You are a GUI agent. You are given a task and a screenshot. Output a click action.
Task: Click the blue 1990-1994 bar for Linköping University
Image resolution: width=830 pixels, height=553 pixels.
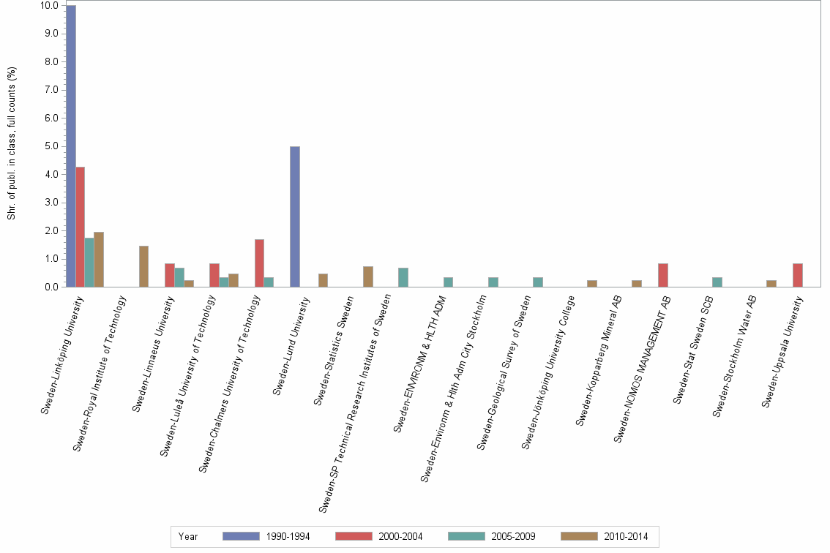pyautogui.click(x=71, y=146)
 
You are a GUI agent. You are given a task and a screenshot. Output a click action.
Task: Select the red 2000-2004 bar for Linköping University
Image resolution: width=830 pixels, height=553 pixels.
pyautogui.click(x=81, y=227)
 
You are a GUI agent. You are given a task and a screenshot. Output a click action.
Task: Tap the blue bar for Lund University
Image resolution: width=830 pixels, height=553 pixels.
pyautogui.click(x=295, y=217)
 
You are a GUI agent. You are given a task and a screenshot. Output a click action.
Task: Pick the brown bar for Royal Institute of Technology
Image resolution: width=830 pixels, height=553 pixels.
pyautogui.click(x=143, y=266)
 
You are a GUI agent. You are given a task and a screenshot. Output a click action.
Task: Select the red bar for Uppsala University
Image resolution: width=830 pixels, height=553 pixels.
pyautogui.click(x=797, y=275)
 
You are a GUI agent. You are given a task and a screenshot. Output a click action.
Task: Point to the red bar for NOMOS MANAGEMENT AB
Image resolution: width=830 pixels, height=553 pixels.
pyautogui.click(x=662, y=275)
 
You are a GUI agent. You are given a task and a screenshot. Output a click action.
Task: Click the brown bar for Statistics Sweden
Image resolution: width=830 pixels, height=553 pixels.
pyautogui.click(x=368, y=276)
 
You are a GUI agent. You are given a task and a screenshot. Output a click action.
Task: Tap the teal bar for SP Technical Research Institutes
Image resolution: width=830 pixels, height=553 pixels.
pyautogui.click(x=403, y=277)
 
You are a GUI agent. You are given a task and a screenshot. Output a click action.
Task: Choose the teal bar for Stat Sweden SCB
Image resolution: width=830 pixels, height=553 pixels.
pyautogui.click(x=717, y=282)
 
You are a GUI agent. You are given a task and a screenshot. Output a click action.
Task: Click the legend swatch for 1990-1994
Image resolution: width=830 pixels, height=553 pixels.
pyautogui.click(x=241, y=536)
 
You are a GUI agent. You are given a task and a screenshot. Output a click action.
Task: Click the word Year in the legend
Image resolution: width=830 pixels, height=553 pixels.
pyautogui.click(x=188, y=536)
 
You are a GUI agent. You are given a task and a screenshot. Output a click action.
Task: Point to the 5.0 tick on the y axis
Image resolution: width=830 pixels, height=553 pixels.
pyautogui.click(x=49, y=146)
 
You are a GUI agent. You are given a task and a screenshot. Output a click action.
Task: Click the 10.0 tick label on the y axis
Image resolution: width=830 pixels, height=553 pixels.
pyautogui.click(x=49, y=5)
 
